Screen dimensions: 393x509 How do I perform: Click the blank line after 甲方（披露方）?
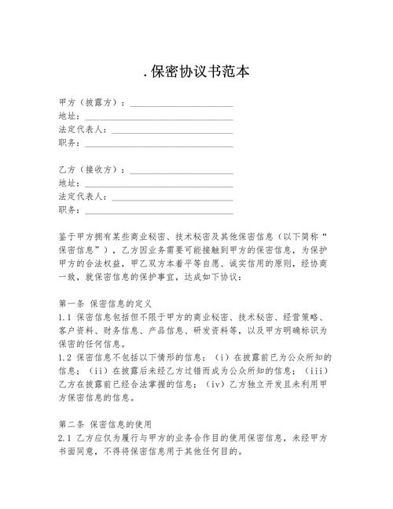[x=181, y=105]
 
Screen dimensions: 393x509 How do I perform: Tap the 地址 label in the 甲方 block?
[x=68, y=116]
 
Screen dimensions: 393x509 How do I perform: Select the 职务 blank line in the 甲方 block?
[x=159, y=145]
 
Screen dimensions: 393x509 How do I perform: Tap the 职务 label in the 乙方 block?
[x=68, y=210]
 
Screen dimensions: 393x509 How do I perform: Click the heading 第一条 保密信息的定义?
[x=110, y=302]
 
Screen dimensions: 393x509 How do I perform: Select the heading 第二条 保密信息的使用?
[x=110, y=423]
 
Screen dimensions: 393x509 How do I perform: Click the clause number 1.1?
[x=65, y=316]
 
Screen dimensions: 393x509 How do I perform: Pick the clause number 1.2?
[x=65, y=356]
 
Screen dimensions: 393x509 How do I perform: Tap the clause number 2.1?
[x=65, y=437]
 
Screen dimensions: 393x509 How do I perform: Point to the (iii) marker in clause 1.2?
[x=324, y=371]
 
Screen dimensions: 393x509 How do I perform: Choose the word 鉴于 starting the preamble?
[x=68, y=236]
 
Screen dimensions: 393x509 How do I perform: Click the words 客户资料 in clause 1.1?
[x=78, y=330]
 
